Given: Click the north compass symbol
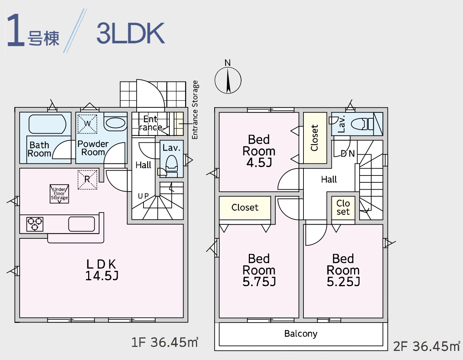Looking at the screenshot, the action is point(228,80).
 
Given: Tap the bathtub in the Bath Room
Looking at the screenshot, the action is point(47,124).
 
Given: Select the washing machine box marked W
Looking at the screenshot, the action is point(87,124).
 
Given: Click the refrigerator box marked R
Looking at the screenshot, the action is point(87,180).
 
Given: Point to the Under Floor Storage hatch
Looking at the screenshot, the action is point(59,194).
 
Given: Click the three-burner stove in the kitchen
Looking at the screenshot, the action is point(35,224).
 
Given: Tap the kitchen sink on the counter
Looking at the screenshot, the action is point(82,224).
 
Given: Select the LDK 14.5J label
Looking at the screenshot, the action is point(102,270).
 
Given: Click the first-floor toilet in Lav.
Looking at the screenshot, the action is point(172,166).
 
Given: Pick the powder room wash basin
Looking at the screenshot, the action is point(115,123).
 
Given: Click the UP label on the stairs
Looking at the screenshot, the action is point(143,196).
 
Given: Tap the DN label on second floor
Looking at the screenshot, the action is point(348,154).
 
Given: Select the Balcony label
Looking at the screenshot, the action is point(301,333).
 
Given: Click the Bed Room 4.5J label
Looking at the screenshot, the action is point(259,151).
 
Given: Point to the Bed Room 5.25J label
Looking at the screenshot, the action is point(343,270).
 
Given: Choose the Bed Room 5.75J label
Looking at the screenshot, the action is point(259,270).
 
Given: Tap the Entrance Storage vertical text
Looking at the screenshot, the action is point(195,110).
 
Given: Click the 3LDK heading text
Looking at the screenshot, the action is point(130,33).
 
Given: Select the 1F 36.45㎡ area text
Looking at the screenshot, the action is point(165,342).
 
